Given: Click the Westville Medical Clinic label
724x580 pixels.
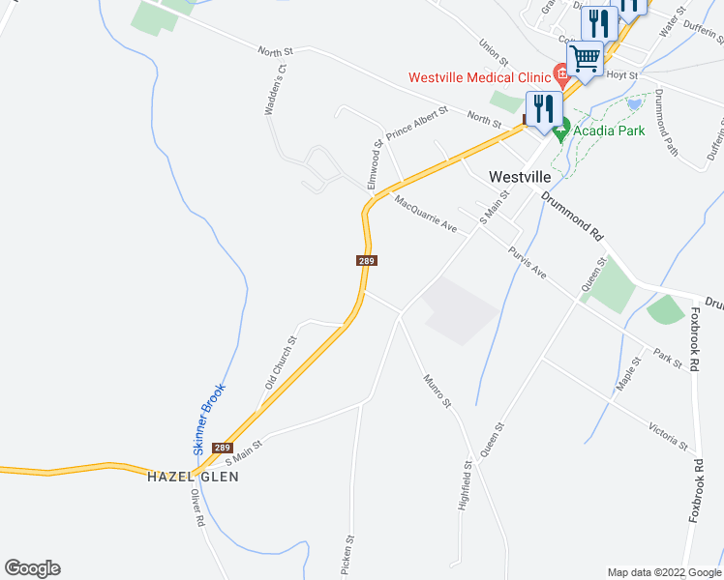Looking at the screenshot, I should [478, 77].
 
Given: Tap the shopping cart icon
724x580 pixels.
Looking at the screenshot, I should [585, 58].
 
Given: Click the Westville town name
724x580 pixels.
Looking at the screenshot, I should [520, 177].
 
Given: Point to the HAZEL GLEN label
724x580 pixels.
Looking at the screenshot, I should [193, 477].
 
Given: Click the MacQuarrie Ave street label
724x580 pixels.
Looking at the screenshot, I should [425, 214].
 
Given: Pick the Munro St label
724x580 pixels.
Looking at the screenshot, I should [437, 390].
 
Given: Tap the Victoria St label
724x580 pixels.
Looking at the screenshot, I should [669, 436].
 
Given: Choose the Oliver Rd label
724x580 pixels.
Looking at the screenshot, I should [196, 507].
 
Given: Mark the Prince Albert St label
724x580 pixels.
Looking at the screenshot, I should [417, 124].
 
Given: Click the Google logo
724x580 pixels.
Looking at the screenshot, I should [32, 568].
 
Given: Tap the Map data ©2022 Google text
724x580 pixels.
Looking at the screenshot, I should [662, 572].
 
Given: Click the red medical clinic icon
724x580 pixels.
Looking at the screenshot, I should [558, 72].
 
